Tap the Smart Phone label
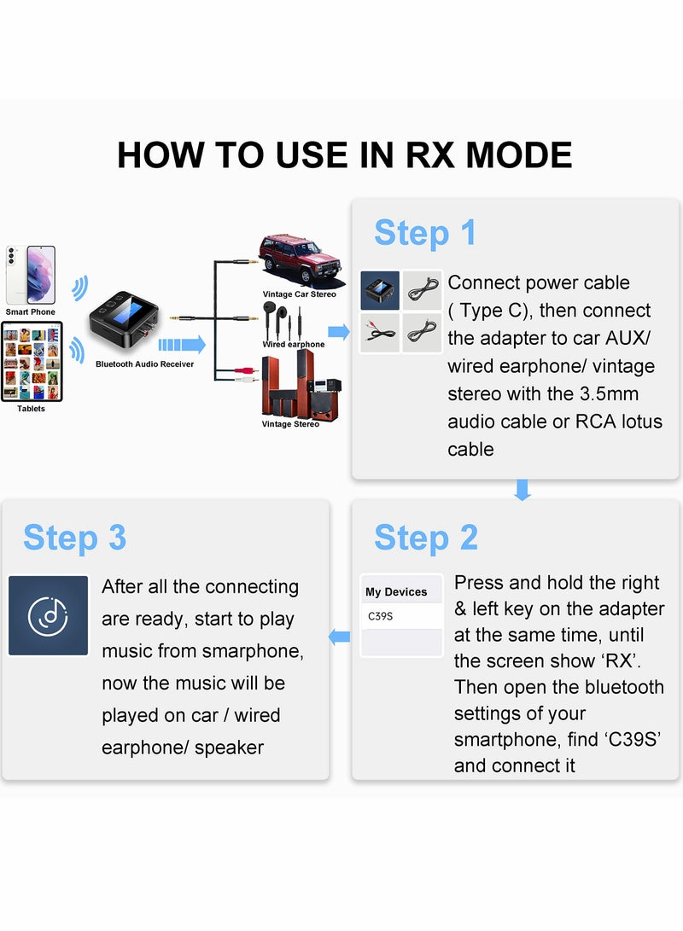30,312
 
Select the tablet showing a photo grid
31,360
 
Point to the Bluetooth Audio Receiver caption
144,364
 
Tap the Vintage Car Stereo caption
299,294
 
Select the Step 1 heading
425,233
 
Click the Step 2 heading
425,538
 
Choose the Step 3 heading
74,538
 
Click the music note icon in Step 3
48,615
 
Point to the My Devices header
396,591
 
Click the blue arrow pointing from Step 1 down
522,489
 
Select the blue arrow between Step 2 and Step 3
340,636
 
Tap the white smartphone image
31,275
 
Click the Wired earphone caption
293,344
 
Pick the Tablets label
31,409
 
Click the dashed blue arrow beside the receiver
182,345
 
